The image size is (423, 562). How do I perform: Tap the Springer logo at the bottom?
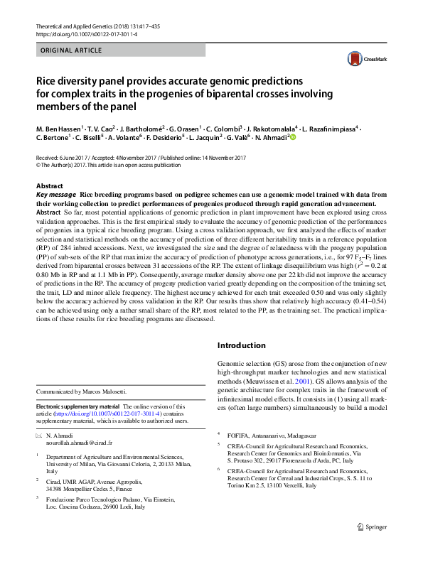coord(373,546)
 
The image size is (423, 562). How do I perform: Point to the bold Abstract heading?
coord(49,185)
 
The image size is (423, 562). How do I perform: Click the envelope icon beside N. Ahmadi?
coord(39,433)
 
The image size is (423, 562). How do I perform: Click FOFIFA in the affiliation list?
coord(240,433)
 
